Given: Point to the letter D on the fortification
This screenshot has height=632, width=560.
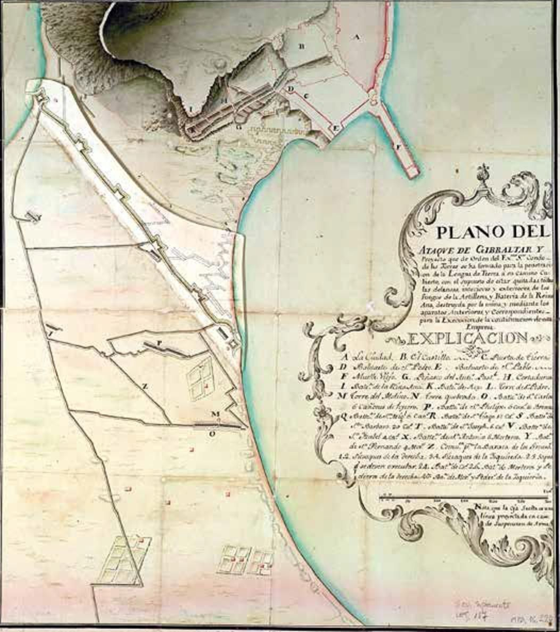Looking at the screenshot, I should coord(290,90).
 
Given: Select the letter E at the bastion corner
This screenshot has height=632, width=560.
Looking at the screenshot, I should coord(335,129).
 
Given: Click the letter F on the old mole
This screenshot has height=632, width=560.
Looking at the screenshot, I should coord(397,147).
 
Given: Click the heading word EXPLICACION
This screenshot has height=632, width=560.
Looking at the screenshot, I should coord(468,338).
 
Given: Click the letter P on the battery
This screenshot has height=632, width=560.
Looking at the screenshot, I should coord(159,343).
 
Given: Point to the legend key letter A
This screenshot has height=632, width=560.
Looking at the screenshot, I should coord(345,357).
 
